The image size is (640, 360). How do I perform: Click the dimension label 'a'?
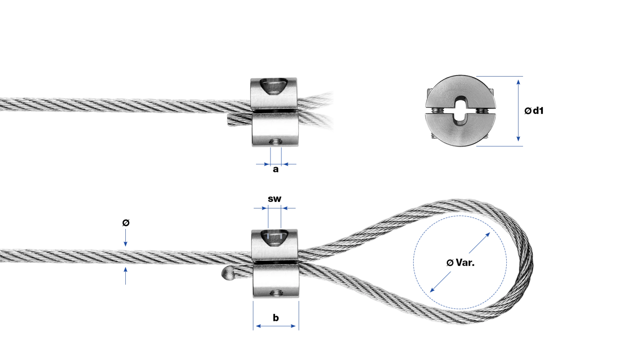[x=276, y=169]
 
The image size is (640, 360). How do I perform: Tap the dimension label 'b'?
[x=276, y=318]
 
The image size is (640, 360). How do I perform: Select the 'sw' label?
[x=275, y=199]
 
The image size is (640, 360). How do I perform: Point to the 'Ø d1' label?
[x=534, y=111]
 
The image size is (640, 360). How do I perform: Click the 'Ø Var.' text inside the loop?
[x=460, y=263]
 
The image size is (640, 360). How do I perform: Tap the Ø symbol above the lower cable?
[x=126, y=222]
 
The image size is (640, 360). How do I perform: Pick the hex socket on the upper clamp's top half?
[x=273, y=86]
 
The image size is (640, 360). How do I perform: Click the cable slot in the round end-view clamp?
[x=460, y=111]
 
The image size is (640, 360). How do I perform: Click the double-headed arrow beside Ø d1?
[x=518, y=111]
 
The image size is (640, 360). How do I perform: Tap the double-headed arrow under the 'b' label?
[x=276, y=326]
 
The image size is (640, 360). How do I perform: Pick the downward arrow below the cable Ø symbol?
[x=126, y=238]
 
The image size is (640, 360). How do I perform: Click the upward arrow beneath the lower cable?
[x=126, y=276]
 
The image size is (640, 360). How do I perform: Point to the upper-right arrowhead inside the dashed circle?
[x=487, y=235]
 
